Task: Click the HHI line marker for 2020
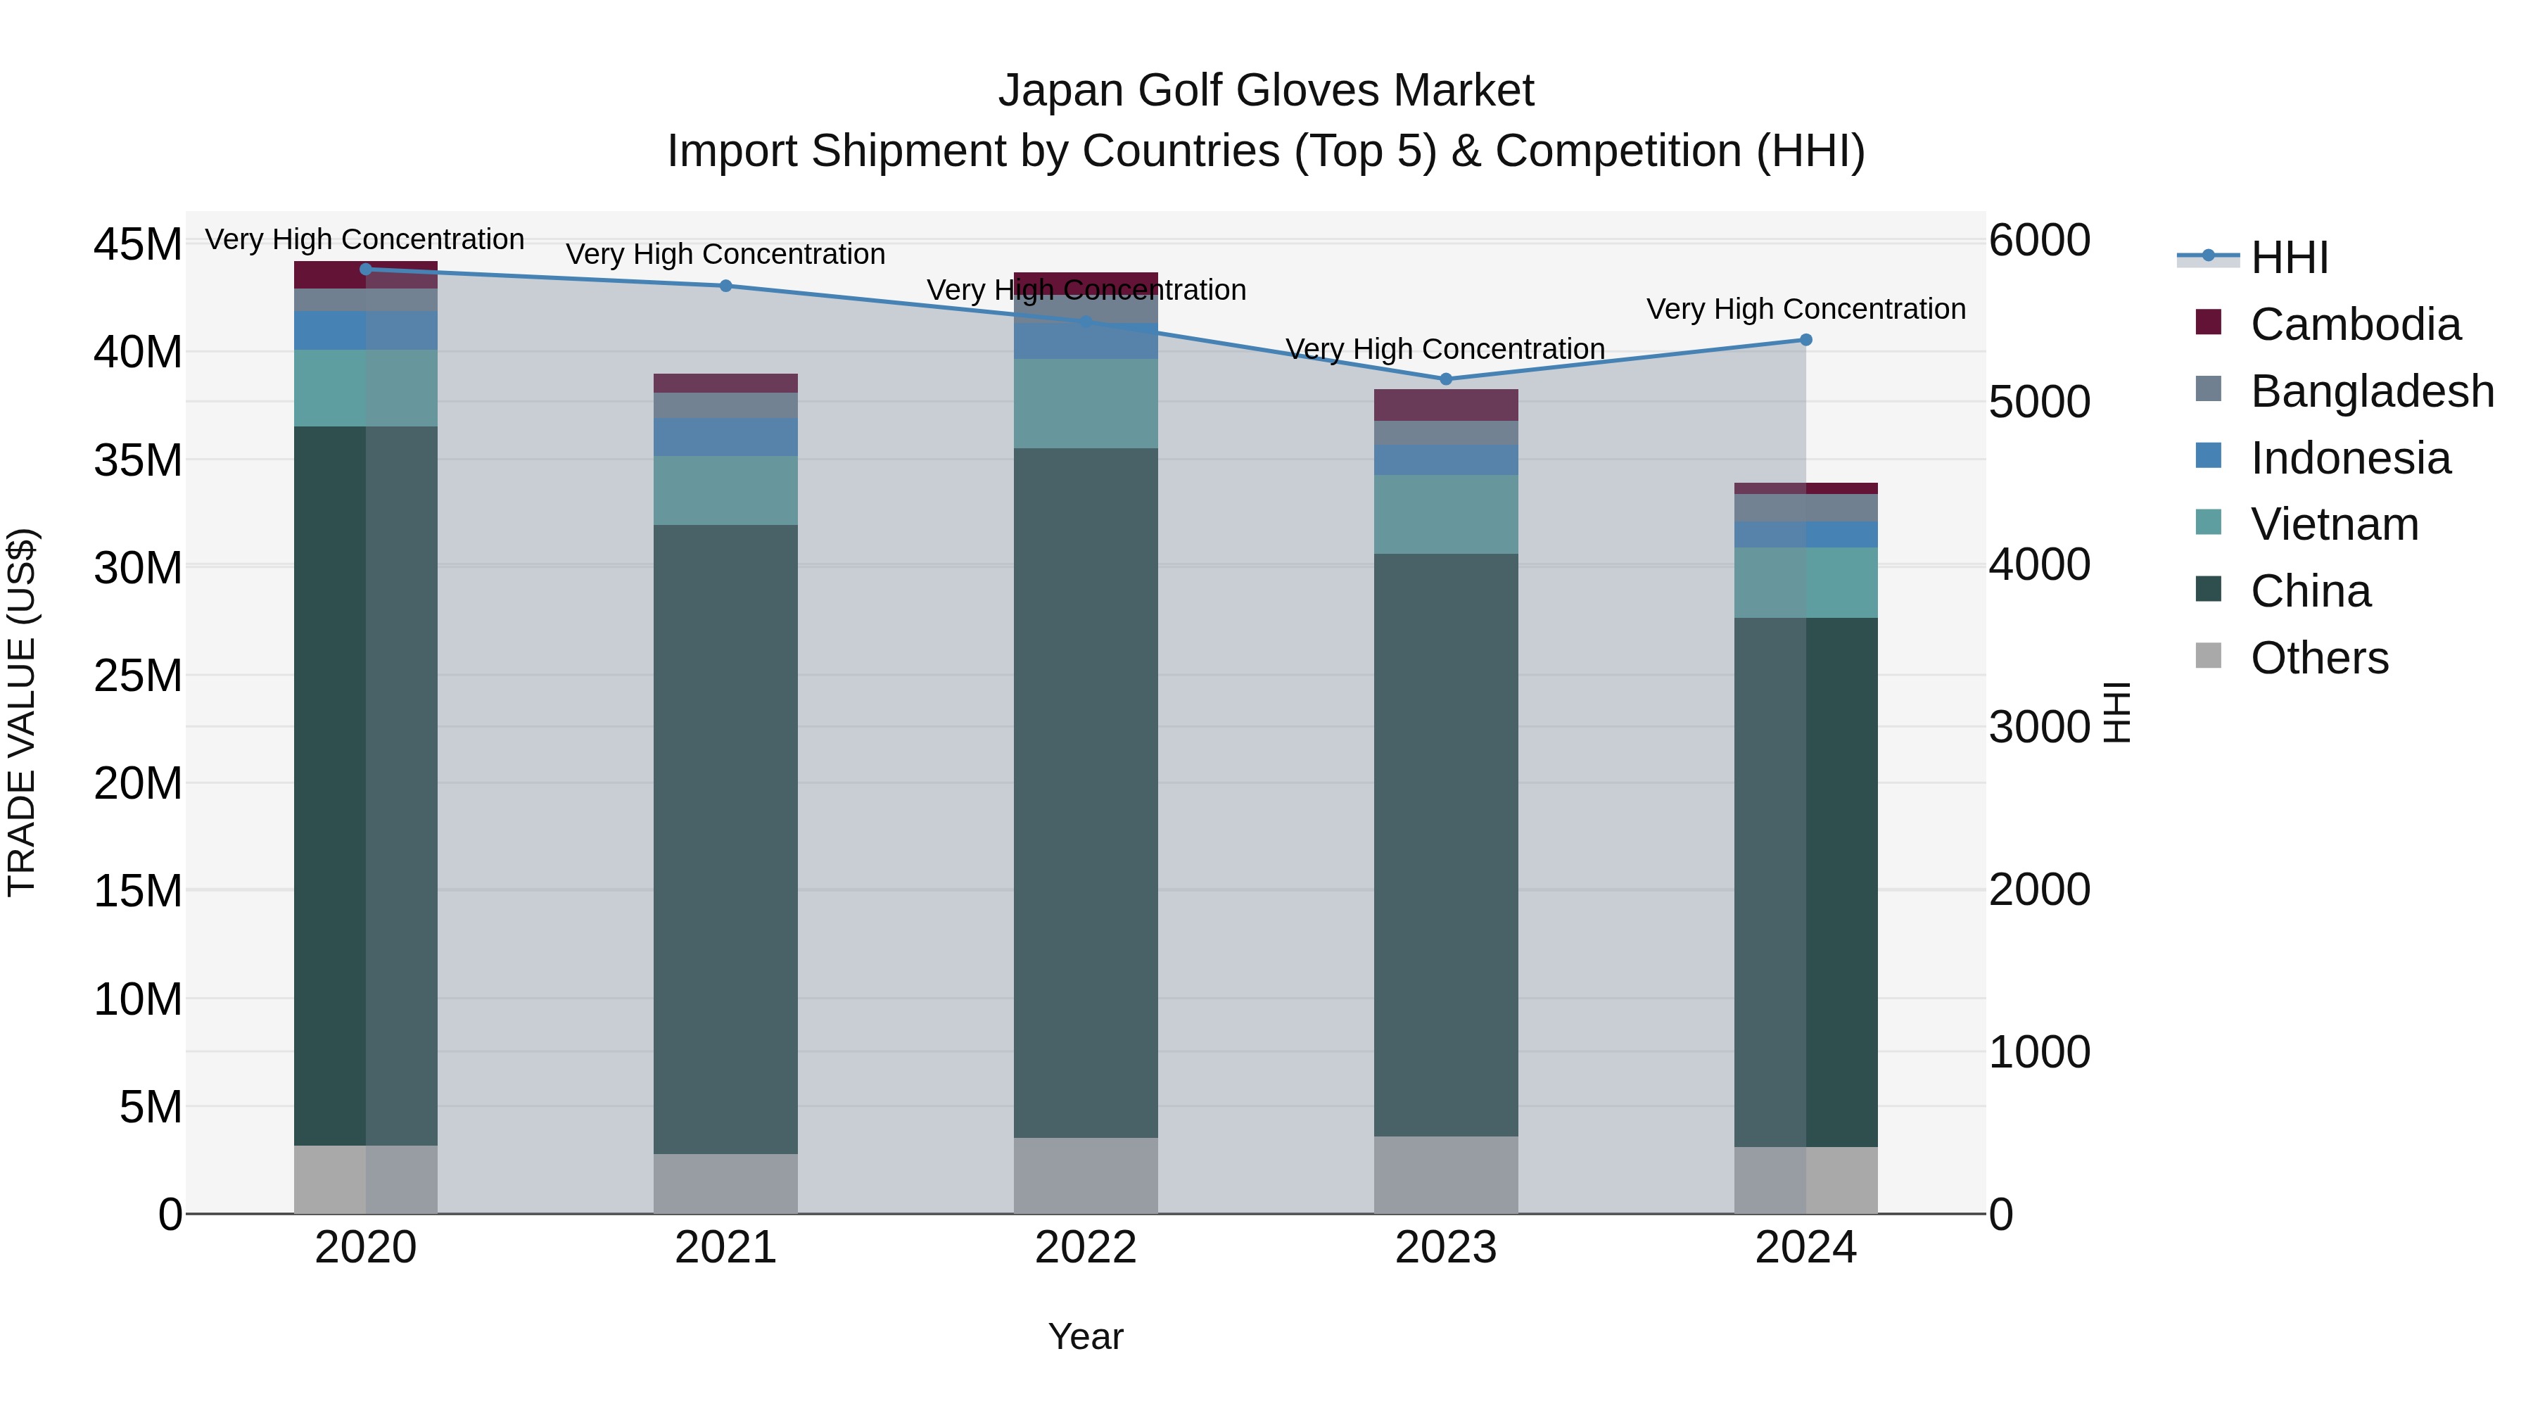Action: (366, 270)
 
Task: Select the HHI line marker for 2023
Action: (1445, 379)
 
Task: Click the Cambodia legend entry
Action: (2355, 324)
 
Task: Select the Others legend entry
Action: (2318, 658)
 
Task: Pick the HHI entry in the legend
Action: (2289, 258)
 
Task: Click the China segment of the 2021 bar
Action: (725, 836)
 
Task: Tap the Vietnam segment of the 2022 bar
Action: (1086, 403)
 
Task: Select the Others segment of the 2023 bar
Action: (1445, 1174)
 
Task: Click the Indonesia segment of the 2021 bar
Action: (725, 436)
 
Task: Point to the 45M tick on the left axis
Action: (138, 244)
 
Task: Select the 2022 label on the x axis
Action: (1086, 1248)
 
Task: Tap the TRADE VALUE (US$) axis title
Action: (22, 712)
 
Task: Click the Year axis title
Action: (1086, 1336)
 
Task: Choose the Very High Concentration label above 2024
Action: (1805, 309)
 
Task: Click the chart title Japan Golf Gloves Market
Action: (1266, 91)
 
